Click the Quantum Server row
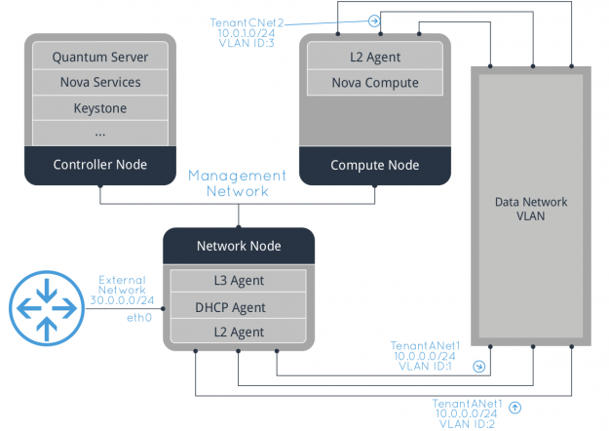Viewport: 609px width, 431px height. pyautogui.click(x=99, y=58)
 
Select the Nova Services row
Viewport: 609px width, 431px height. pyautogui.click(x=99, y=83)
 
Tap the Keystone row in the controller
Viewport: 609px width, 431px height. pyautogui.click(x=99, y=108)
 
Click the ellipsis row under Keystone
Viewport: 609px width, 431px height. pyautogui.click(x=99, y=132)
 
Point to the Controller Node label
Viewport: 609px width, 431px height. pyautogui.click(x=99, y=164)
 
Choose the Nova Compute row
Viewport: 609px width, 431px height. pyautogui.click(x=374, y=83)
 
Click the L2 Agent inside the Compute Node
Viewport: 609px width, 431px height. pyautogui.click(x=374, y=58)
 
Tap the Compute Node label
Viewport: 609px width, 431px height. pyautogui.click(x=374, y=164)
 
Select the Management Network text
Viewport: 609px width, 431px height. pyautogui.click(x=238, y=183)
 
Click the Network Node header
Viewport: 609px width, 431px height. pyautogui.click(x=239, y=246)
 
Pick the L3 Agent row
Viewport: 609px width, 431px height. pyautogui.click(x=239, y=282)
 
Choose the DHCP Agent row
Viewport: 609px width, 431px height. pyautogui.click(x=239, y=308)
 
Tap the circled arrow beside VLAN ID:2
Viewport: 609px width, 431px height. pyautogui.click(x=515, y=407)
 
